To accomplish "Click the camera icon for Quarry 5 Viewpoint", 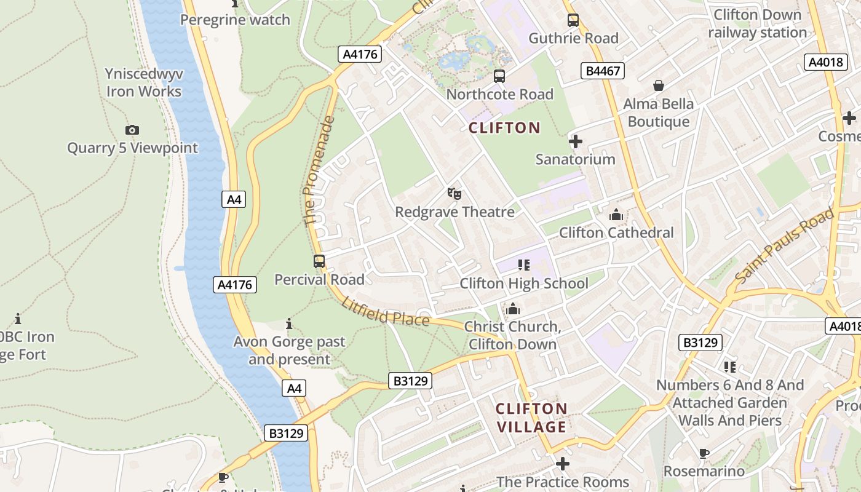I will [132, 130].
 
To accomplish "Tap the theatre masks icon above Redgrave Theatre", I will [454, 194].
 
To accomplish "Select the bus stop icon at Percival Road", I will [319, 261].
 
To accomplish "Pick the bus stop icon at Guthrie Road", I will [573, 20].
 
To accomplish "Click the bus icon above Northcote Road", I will [499, 76].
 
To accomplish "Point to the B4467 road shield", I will [603, 71].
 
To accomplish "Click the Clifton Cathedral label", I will [616, 232].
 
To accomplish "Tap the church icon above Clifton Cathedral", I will [616, 215].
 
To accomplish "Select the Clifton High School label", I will [524, 284].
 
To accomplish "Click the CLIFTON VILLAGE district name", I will [531, 418].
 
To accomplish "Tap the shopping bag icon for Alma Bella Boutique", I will [658, 85].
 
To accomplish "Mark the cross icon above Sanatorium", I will [575, 142].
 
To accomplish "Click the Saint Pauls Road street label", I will [784, 246].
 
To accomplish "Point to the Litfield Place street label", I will [386, 311].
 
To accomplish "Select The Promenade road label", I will [319, 170].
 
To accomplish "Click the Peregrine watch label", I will [235, 20].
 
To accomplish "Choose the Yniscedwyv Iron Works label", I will [144, 82].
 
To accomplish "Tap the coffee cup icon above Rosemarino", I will [704, 454].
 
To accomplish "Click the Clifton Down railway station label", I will [757, 23].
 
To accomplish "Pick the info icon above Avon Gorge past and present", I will [289, 323].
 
